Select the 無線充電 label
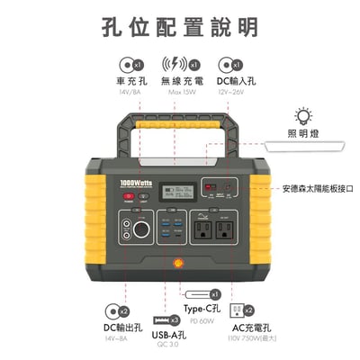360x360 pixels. (x=181, y=81)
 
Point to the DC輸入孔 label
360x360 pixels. (x=237, y=81)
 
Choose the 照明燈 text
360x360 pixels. (x=304, y=133)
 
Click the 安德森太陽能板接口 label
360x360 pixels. (x=317, y=189)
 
